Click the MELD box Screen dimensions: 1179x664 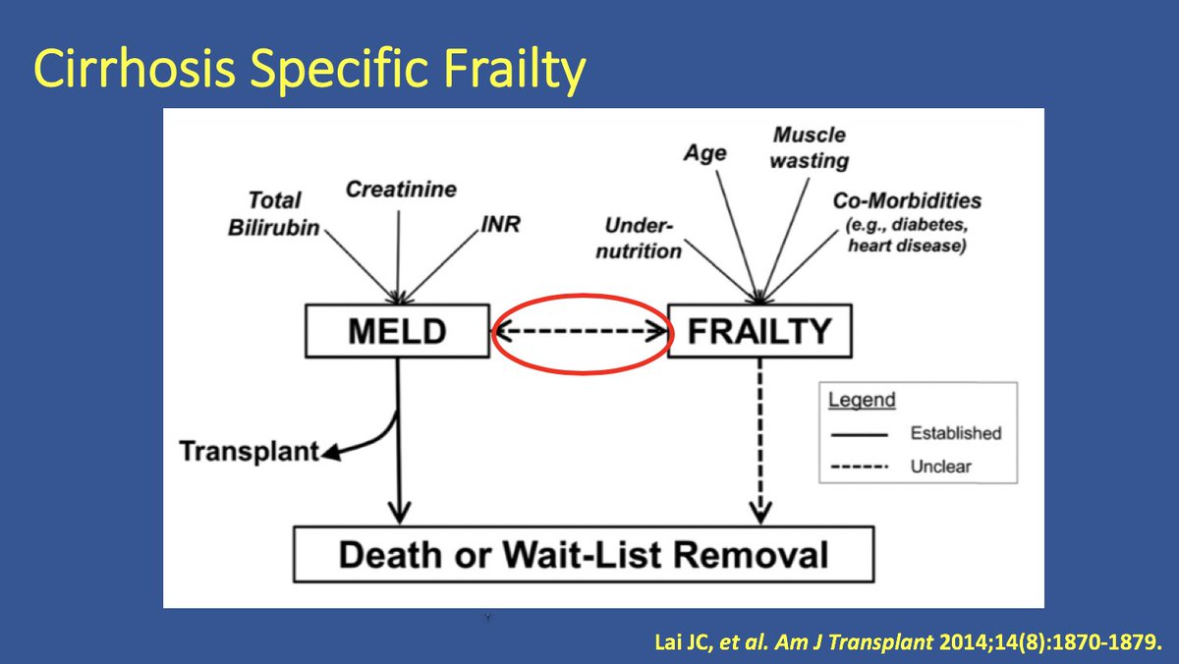coord(397,331)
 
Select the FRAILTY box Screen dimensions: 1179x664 coord(759,331)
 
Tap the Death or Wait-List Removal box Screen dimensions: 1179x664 coord(584,555)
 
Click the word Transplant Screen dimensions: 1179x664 coord(249,452)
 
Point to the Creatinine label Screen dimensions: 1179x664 coord(401,190)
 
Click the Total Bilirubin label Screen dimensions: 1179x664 coord(274,213)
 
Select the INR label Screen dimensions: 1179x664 coord(500,224)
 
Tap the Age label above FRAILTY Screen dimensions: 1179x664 coord(705,153)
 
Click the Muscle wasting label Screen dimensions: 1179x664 coord(810,148)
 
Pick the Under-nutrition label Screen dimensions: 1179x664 coord(639,239)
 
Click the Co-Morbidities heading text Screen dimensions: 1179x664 coord(907,200)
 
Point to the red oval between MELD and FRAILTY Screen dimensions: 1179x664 coord(583,296)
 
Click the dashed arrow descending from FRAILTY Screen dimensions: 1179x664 coord(760,441)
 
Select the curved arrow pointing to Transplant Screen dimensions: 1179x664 coord(379,441)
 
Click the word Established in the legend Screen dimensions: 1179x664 coord(956,433)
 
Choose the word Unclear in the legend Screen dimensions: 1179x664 coord(940,467)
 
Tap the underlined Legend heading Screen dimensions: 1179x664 coord(862,400)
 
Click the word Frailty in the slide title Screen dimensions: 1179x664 coord(514,69)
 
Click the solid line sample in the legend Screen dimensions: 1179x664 coord(859,434)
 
